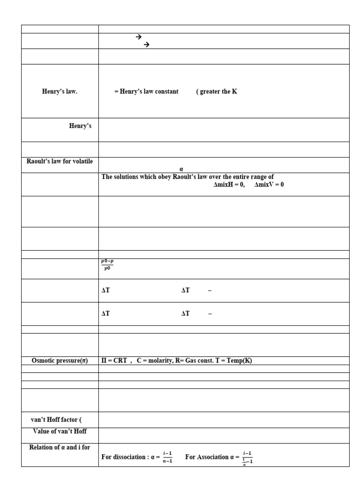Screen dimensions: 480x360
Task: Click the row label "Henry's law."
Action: (x=60, y=91)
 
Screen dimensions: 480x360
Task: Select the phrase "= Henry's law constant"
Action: (x=146, y=91)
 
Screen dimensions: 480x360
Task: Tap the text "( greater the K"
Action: (x=217, y=91)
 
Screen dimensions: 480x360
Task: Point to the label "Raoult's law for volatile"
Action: (x=60, y=162)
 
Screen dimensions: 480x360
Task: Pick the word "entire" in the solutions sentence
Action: (x=237, y=177)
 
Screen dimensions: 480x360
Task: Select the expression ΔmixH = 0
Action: (x=229, y=185)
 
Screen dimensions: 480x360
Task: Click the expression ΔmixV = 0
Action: (x=269, y=185)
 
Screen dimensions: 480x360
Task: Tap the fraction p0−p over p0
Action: (x=107, y=265)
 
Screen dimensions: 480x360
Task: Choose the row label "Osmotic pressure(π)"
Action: (x=60, y=360)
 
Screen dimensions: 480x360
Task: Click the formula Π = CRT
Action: (x=114, y=360)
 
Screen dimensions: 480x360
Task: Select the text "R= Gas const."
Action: (x=193, y=360)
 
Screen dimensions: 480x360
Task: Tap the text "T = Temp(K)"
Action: (x=232, y=360)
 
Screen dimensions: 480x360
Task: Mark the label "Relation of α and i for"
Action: (x=60, y=447)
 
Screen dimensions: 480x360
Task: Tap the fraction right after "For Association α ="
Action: (x=247, y=457)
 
